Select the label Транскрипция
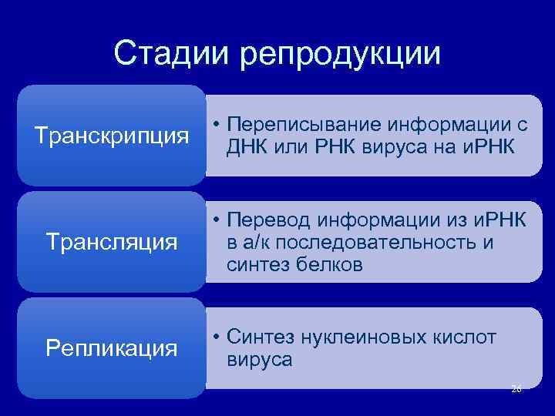click(x=112, y=136)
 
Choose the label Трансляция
click(x=112, y=243)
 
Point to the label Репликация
click(x=112, y=348)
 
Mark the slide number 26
click(x=516, y=389)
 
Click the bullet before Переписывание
click(x=219, y=125)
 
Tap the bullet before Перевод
click(x=219, y=222)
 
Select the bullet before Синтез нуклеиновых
click(x=219, y=337)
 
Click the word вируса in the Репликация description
click(x=260, y=359)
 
